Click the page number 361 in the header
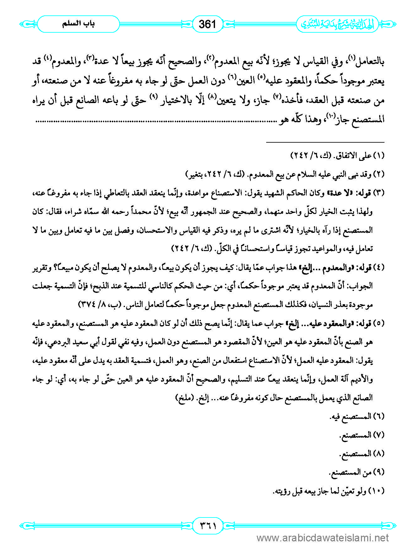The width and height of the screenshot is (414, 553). [207, 24]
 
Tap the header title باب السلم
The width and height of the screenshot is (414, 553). [78, 24]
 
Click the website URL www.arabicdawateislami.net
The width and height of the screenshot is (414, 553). [323, 538]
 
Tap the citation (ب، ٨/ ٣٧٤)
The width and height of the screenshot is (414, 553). [98, 304]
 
